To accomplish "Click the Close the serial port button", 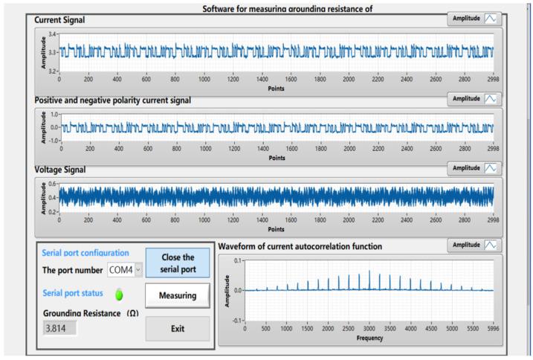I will [177, 262].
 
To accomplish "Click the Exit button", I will [177, 328].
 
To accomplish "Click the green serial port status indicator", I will [119, 295].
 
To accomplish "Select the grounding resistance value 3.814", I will [59, 328].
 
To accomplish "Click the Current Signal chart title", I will [59, 19].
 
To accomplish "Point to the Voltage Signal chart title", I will [61, 170].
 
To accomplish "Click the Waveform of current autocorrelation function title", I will [300, 246].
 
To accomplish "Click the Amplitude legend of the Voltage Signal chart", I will [478, 169].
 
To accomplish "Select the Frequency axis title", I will [369, 338].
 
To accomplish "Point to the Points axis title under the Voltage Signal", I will [277, 229].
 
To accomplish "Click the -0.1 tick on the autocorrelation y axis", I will [237, 320].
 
